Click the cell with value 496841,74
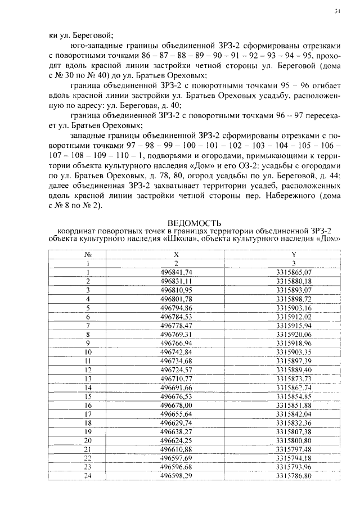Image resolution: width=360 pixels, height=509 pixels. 176,272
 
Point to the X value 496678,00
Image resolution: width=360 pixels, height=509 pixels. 176,404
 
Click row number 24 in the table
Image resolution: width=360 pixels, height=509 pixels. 88,475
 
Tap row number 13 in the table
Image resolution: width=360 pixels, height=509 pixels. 88,378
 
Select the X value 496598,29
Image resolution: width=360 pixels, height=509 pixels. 176,475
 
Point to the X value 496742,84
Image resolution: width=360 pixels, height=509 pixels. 176,352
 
